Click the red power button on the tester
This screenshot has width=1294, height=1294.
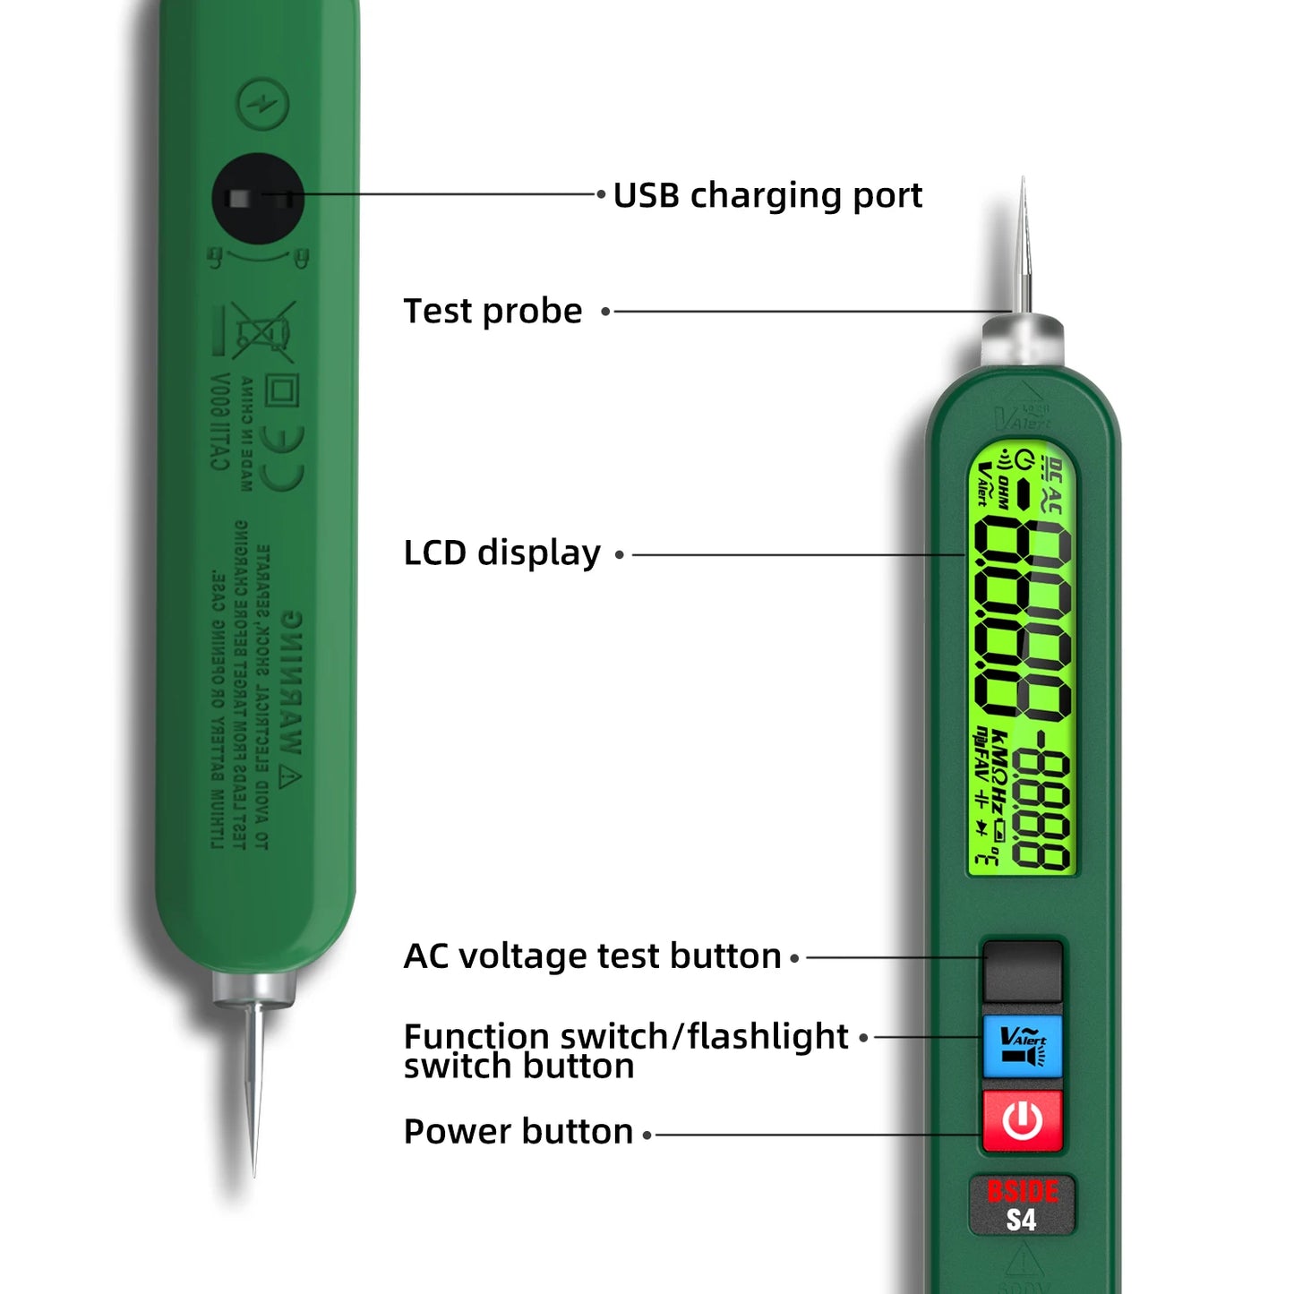point(1022,1120)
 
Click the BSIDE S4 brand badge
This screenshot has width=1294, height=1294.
point(1022,1205)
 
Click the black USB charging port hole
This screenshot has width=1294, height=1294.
point(258,198)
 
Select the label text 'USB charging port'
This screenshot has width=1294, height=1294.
point(767,195)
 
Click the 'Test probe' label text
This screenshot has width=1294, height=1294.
point(493,312)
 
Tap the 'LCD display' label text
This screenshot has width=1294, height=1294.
point(501,553)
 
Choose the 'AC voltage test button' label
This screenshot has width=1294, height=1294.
point(592,956)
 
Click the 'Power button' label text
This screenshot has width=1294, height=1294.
point(518,1132)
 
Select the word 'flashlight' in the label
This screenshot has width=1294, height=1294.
point(767,1036)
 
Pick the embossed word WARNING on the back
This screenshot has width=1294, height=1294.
point(291,685)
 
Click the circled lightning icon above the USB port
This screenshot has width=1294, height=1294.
point(262,104)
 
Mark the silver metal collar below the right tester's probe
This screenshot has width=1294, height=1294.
point(1023,341)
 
